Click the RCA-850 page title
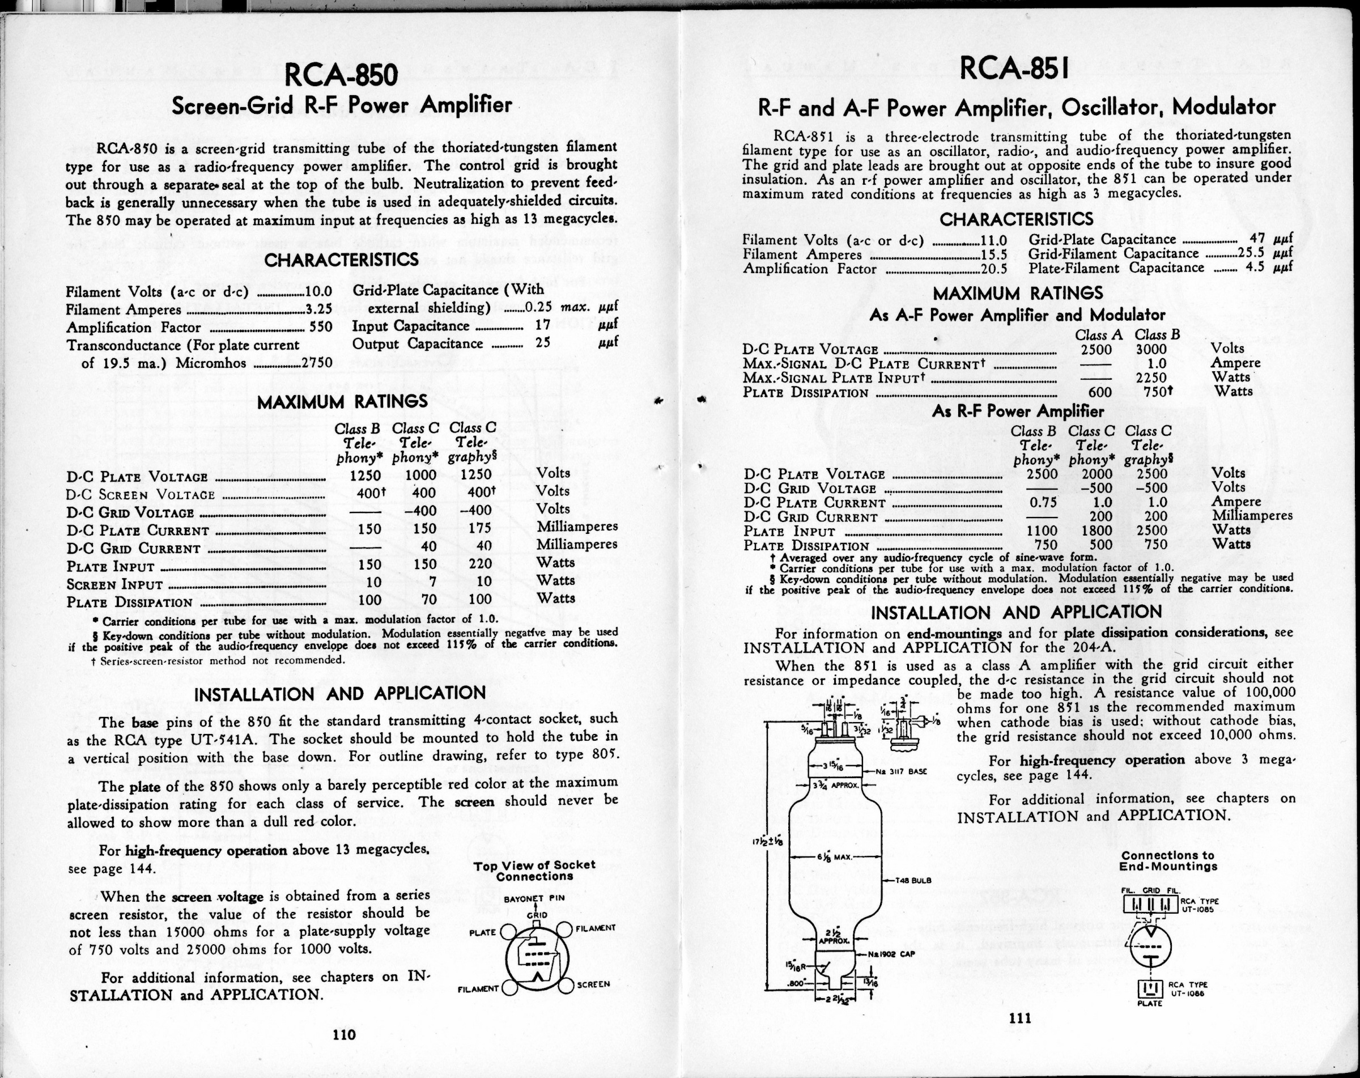(x=341, y=74)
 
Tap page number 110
(x=345, y=1034)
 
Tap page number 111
(x=1020, y=1017)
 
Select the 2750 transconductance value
(x=317, y=363)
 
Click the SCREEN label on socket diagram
(x=593, y=984)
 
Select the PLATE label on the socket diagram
(x=483, y=932)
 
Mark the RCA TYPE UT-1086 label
(x=1187, y=988)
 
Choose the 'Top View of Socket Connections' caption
(x=534, y=871)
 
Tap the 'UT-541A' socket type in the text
(x=223, y=739)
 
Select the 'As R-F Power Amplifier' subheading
(x=1018, y=411)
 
